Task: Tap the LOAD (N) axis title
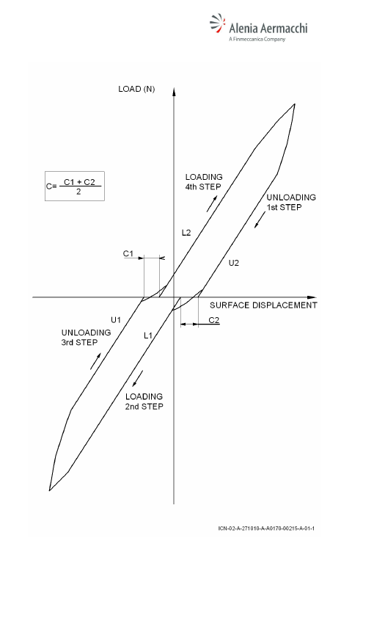pos(136,89)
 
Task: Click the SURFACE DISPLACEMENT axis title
pos(263,305)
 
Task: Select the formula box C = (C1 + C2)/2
pos(75,186)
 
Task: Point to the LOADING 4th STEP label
pos(204,182)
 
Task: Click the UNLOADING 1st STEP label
pos(291,202)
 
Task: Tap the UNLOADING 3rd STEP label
pos(86,338)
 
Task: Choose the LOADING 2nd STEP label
pos(144,402)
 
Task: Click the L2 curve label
pos(186,233)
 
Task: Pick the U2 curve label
pos(234,263)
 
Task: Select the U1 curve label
pos(116,319)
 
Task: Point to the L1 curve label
pos(148,336)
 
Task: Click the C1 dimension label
pos(128,253)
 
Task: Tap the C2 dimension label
pos(214,320)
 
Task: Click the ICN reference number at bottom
pos(266,529)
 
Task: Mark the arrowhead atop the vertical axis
pos(174,91)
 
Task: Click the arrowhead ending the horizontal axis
pos(312,297)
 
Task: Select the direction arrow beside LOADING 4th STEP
pos(212,203)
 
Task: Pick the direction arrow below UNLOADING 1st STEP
pos(260,220)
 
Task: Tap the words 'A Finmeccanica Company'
pos(257,39)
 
